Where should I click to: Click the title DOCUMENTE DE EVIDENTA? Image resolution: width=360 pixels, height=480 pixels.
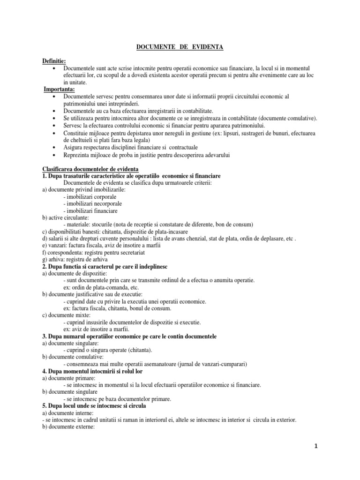click(x=180, y=47)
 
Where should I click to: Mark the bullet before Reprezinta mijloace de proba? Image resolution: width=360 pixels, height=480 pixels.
click(x=55, y=155)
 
